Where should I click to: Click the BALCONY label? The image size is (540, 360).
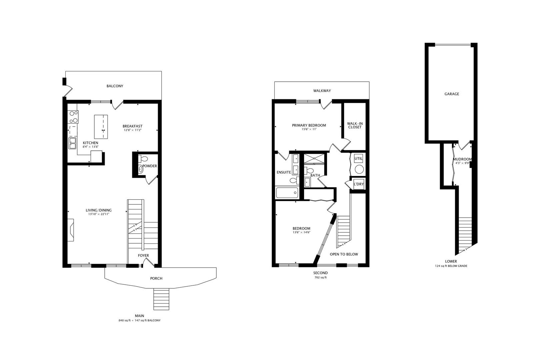pos(115,86)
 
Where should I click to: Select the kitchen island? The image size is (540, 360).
pos(101,127)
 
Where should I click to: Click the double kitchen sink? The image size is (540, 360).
pos(73,144)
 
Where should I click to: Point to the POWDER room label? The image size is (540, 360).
pos(150,166)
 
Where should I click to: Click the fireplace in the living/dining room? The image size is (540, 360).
pos(71,230)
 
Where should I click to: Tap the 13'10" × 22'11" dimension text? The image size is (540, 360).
pos(98,214)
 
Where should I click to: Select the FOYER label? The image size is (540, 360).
pos(143,256)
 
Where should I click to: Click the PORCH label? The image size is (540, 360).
pos(156,278)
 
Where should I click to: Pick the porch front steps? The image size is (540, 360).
pos(161,299)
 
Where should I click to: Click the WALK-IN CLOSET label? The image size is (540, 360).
pos(355,125)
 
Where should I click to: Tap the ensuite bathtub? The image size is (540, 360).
pos(287,192)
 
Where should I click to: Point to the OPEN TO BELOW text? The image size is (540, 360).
pos(344,254)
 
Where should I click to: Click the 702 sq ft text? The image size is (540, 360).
pos(320,277)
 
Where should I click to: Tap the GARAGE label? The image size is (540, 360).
pos(452,94)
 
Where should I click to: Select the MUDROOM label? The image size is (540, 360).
pos(463,159)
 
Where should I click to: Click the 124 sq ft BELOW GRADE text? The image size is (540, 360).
pos(451,266)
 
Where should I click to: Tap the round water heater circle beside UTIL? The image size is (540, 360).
pos(359,169)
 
